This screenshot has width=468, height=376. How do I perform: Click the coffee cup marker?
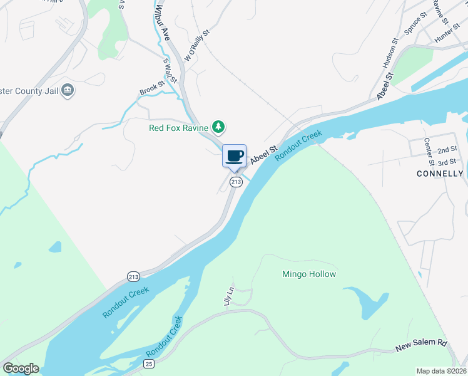coord(235,156)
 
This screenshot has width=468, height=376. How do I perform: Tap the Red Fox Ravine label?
coord(178,128)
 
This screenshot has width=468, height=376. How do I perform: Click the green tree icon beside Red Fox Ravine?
coord(218,127)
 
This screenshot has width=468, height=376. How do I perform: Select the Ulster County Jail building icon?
coord(68,91)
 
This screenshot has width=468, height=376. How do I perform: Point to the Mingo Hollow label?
coord(309,274)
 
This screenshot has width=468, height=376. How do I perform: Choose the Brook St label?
coord(152,88)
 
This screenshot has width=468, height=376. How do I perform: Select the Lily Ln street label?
coord(229,296)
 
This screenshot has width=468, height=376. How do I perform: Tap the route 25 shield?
coord(148,363)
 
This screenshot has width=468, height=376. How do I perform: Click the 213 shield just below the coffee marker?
coord(235,182)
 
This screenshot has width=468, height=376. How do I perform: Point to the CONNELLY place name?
coord(440,174)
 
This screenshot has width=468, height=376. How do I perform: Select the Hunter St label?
coord(447,35)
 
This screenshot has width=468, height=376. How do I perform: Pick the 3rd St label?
coord(447,162)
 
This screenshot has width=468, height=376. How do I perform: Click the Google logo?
coord(21,368)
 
